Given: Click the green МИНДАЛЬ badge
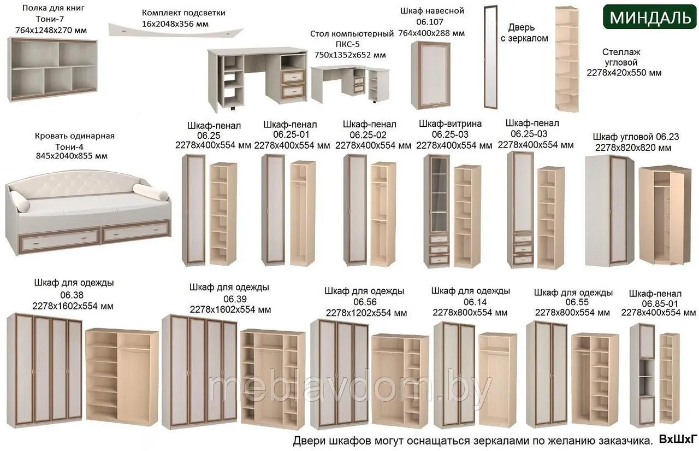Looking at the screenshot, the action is [x=650, y=17].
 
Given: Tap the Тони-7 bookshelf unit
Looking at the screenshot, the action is [x=52, y=69].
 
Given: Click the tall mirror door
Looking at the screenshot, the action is [x=490, y=57].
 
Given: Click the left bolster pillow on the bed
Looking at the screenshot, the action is [x=19, y=201].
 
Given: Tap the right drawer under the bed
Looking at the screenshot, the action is [x=136, y=231].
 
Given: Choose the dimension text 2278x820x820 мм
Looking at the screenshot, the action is [x=633, y=148].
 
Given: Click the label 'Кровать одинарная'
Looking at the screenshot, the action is [x=75, y=136].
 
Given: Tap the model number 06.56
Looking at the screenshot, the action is [x=365, y=302].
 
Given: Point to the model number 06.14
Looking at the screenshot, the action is [x=475, y=302].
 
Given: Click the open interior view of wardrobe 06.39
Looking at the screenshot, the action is [x=273, y=379].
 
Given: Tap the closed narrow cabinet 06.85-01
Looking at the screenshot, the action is [x=644, y=375].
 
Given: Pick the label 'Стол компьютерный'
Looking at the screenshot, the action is [x=352, y=34].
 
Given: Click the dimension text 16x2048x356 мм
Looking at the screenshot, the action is [x=175, y=24].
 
